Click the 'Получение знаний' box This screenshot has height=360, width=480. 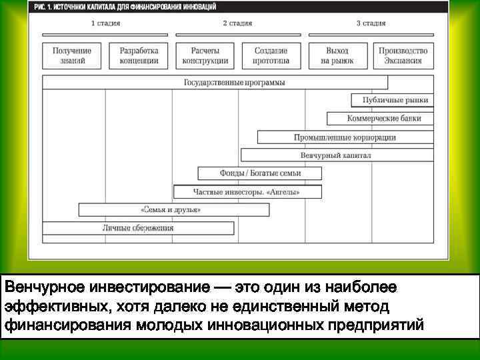[x=72, y=55]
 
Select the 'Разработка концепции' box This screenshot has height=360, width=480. [x=139, y=55]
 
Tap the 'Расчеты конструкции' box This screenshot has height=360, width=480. [x=205, y=55]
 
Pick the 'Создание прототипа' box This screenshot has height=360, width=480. [x=271, y=55]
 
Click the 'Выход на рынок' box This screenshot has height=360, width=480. [x=337, y=55]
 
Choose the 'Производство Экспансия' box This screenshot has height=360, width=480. [x=403, y=55]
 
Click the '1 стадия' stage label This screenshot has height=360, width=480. [x=105, y=23]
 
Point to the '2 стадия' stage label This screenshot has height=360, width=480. [x=237, y=23]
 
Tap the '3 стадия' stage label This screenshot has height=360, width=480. [x=371, y=23]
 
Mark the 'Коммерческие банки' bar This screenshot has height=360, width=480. [x=383, y=119]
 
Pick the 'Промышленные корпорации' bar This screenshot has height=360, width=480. [x=345, y=137]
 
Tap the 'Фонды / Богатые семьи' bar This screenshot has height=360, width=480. [x=260, y=173]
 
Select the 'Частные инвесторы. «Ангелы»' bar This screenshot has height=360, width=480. [x=247, y=192]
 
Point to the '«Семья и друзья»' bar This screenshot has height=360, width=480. [x=174, y=210]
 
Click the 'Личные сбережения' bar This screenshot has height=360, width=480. [x=138, y=228]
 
